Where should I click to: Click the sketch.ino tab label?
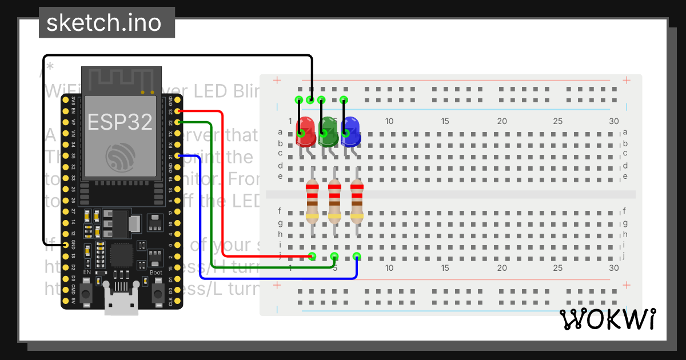pos(103,23)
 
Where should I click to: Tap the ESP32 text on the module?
pos(119,121)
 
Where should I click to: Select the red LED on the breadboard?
pos(306,131)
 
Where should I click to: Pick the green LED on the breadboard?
pos(328,131)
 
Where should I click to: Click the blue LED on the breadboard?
pos(350,131)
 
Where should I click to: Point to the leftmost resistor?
pos(312,201)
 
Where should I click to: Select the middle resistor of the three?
pos(334,201)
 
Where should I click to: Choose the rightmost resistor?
pos(357,201)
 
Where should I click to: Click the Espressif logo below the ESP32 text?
pos(119,157)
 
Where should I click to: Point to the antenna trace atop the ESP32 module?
pos(120,79)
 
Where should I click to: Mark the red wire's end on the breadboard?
pos(312,256)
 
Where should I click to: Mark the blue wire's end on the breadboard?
pos(357,256)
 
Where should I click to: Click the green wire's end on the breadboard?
pos(334,256)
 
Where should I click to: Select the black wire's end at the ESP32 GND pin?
pos(66,245)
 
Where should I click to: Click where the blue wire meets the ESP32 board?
pos(179,155)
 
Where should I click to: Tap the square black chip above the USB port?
pos(121,255)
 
